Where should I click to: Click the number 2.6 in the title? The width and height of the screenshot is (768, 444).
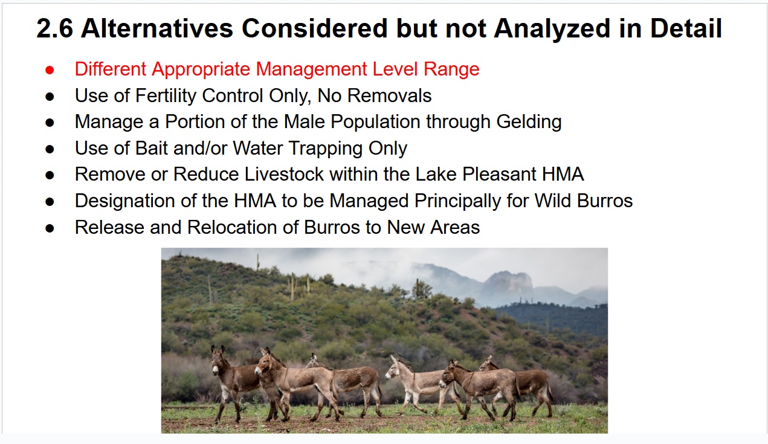pos(54,28)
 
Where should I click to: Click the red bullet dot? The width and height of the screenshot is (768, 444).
pos(50,70)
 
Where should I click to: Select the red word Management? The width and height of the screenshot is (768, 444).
pos(311,69)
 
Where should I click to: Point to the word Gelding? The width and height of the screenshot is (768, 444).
pos(529,122)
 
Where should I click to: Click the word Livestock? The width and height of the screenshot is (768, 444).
pos(284,174)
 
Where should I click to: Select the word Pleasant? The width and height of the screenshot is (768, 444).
pos(499,174)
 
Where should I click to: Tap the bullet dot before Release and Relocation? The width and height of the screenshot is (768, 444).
pos(50,228)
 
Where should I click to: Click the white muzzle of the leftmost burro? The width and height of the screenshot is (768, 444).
pos(215,370)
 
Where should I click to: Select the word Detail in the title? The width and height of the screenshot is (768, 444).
pos(686,28)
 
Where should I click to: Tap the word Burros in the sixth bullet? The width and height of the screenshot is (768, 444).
pos(605,201)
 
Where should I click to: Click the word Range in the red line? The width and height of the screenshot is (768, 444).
pos(451,70)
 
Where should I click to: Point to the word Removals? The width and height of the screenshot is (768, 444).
pos(389,95)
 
